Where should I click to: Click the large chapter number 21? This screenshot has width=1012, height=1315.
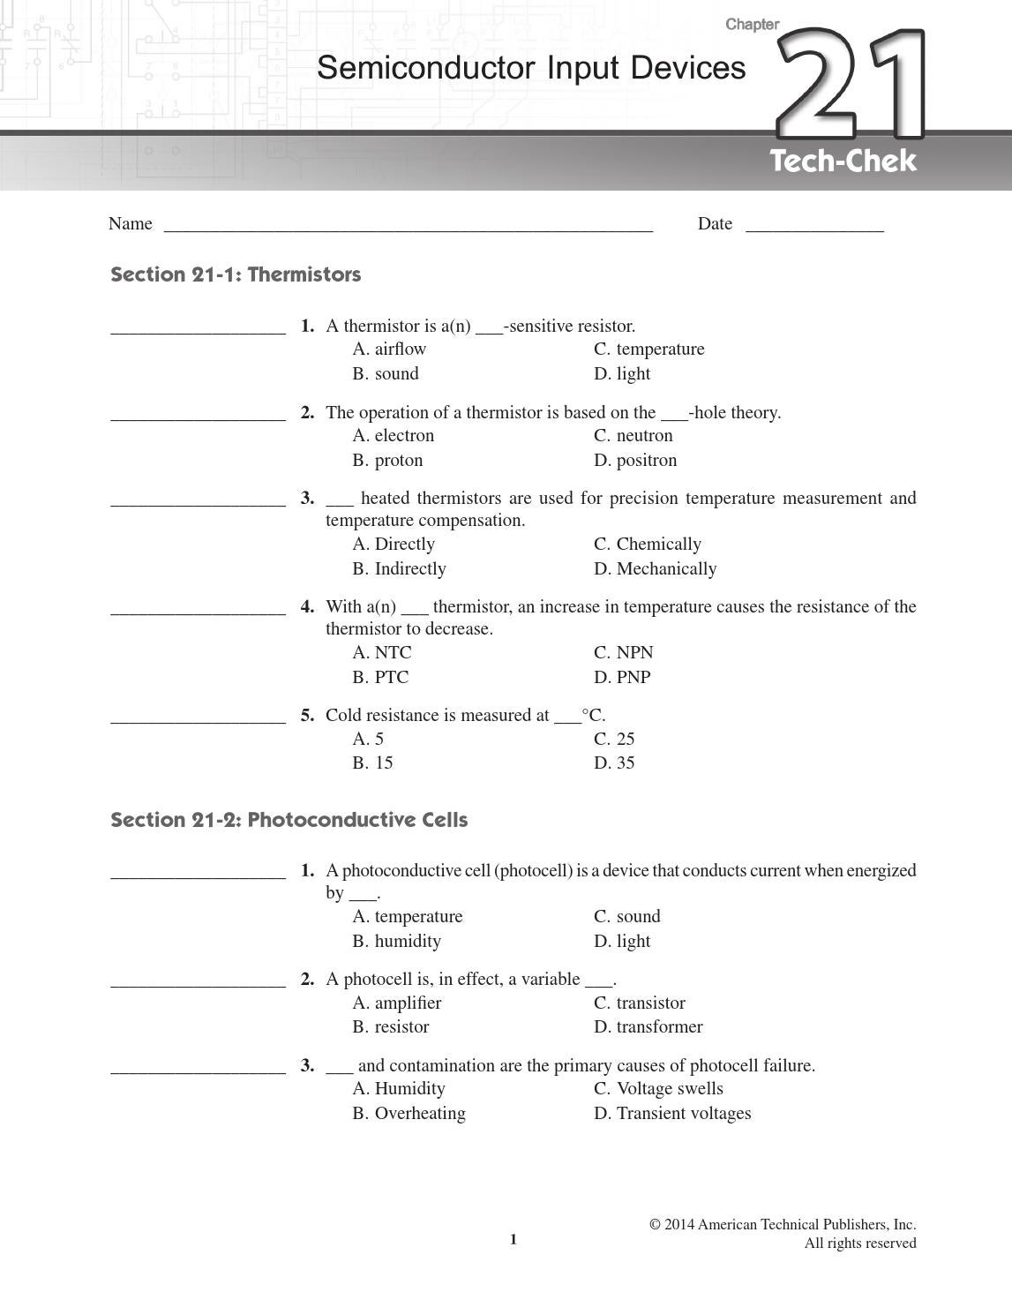(851, 86)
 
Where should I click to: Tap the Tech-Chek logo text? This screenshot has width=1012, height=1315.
(843, 162)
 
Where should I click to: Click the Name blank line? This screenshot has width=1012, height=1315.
(408, 225)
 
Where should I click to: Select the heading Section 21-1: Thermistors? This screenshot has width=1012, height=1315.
(236, 274)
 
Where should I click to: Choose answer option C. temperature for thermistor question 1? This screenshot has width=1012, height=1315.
(648, 349)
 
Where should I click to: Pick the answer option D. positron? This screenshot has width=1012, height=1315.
(635, 461)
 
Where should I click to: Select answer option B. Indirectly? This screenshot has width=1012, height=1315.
(399, 569)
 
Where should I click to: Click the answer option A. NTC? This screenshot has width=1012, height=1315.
(381, 653)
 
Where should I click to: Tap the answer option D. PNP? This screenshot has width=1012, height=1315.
(622, 678)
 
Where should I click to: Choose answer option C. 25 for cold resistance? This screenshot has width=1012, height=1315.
(614, 740)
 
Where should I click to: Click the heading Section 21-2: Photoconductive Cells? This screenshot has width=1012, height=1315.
(289, 820)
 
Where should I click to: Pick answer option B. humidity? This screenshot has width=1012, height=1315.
(396, 942)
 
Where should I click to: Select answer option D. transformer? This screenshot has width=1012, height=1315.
(648, 1027)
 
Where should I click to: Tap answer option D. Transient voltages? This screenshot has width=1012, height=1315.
(672, 1114)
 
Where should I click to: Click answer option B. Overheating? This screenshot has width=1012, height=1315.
(409, 1114)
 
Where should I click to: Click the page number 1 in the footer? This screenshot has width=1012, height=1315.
(513, 1240)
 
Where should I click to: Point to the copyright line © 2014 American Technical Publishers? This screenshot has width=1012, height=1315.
(783, 1225)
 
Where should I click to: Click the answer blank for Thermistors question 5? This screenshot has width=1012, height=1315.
(198, 718)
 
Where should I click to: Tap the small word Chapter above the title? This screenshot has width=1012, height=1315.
(752, 25)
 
